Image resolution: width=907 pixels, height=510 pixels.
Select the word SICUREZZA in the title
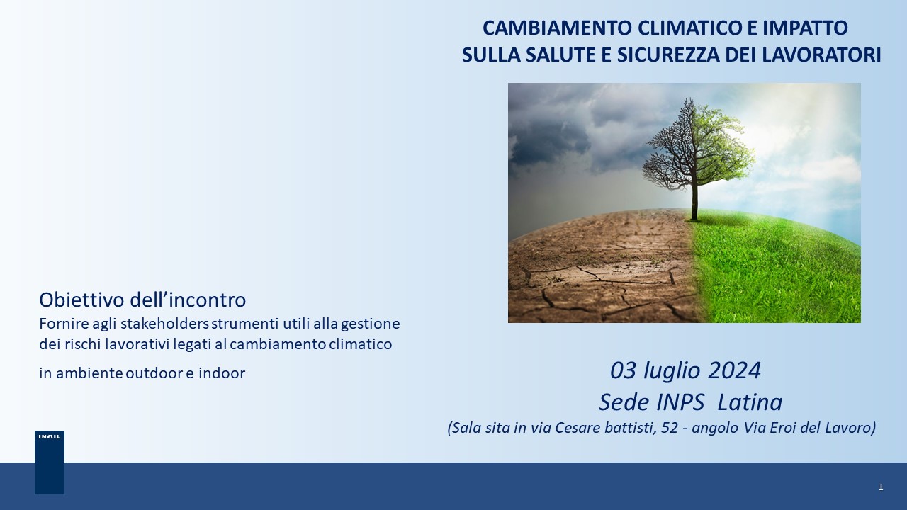click(668, 55)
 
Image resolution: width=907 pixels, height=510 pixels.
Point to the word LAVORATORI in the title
click(821, 55)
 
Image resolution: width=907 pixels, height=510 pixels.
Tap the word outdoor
click(154, 373)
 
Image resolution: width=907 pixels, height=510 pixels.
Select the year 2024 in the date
click(734, 370)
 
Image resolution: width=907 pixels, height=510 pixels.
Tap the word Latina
click(750, 403)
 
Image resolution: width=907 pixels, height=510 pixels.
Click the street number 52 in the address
click(670, 428)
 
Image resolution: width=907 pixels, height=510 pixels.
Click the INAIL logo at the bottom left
click(50, 463)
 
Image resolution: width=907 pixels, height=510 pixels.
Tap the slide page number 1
click(881, 487)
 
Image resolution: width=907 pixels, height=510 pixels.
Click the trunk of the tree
click(694, 200)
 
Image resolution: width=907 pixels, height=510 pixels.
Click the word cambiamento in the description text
click(278, 344)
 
